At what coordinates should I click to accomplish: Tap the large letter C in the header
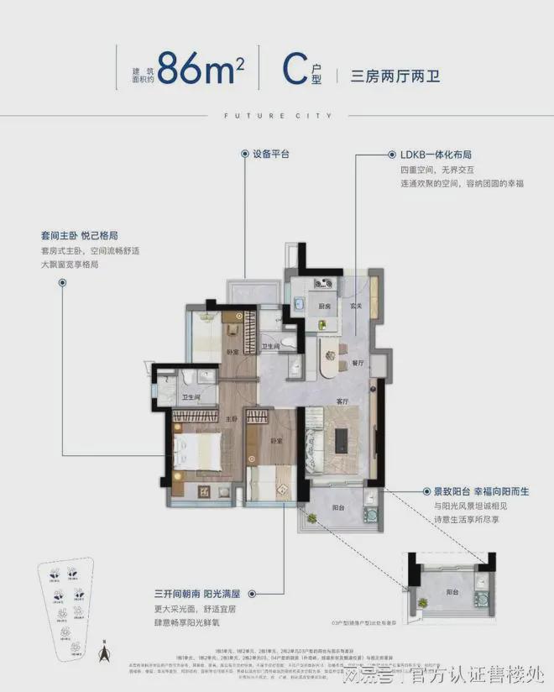tap(292, 67)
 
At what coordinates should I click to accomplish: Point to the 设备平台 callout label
tap(270, 155)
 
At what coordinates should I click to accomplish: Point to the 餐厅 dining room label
tap(358, 363)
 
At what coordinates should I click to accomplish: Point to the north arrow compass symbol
tap(105, 651)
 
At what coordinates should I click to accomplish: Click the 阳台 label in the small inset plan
tap(452, 592)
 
